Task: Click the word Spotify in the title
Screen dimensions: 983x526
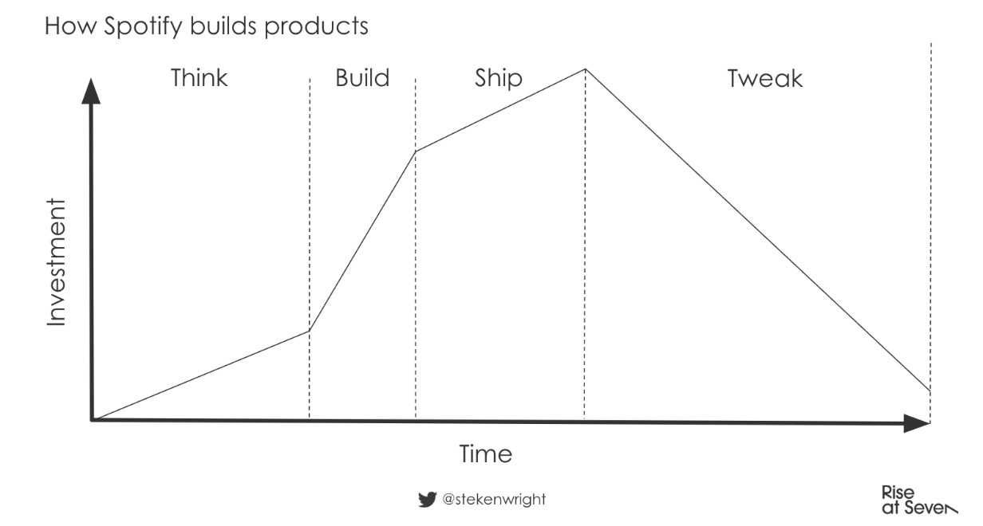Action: click(143, 27)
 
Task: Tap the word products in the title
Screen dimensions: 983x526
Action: click(316, 27)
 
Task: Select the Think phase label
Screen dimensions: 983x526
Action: click(199, 78)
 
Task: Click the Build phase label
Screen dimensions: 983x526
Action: click(362, 78)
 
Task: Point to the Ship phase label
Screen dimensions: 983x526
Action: click(499, 79)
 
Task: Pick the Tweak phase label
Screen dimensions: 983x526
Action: click(765, 79)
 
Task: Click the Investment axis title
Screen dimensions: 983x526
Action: click(56, 262)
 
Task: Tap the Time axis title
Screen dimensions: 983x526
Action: click(486, 453)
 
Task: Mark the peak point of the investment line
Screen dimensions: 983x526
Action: click(586, 69)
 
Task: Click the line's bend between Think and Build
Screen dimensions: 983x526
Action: click(310, 331)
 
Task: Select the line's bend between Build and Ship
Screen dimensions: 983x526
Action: click(416, 151)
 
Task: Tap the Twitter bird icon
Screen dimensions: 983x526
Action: click(428, 499)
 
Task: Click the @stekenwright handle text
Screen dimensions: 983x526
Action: click(494, 499)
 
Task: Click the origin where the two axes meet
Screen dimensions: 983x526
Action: click(92, 420)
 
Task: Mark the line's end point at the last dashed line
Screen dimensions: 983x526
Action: click(930, 391)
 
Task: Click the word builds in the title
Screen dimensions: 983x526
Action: click(223, 26)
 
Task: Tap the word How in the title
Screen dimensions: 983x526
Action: click(70, 26)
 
